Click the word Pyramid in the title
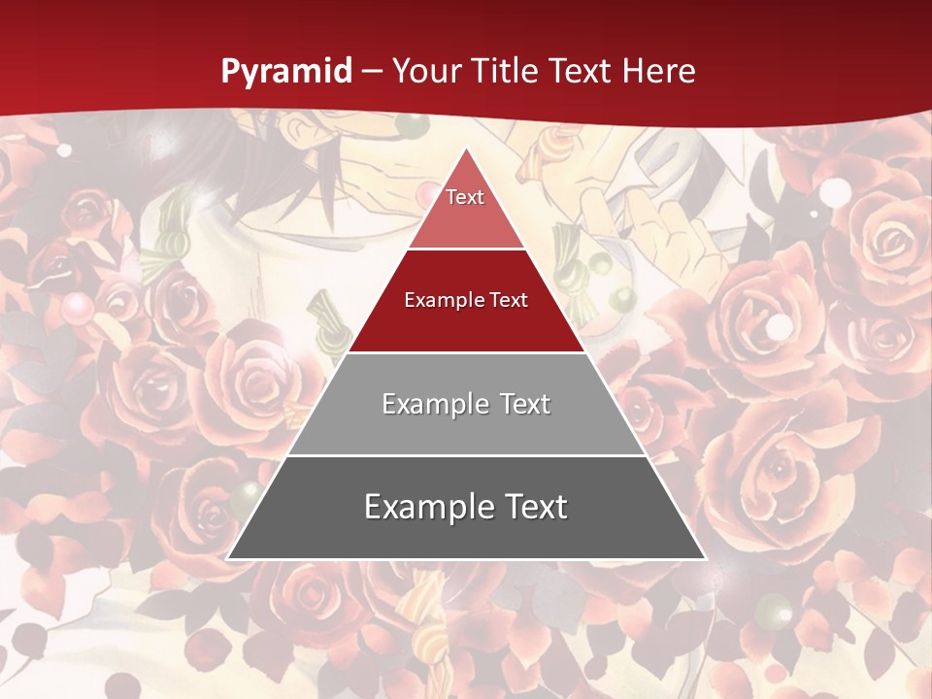(x=286, y=72)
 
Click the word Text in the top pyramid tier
(x=465, y=197)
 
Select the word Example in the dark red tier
(x=443, y=300)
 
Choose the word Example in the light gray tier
(x=434, y=404)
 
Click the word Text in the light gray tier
(x=525, y=404)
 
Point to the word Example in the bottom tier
(x=426, y=507)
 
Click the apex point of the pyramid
(x=466, y=149)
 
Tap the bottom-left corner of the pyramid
(x=228, y=558)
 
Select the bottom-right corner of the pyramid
(x=704, y=558)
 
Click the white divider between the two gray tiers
(x=466, y=455)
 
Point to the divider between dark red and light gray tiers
(x=466, y=352)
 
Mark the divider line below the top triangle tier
(x=466, y=250)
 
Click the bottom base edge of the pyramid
(x=466, y=559)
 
